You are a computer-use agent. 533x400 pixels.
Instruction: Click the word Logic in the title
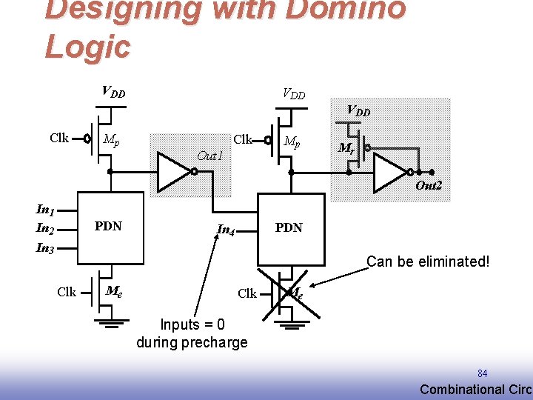[87, 46]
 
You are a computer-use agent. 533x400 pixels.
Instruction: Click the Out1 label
[209, 156]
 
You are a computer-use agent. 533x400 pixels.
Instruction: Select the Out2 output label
[429, 186]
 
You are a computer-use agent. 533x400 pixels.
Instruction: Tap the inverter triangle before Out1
[174, 172]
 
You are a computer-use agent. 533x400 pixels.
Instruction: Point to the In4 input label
[227, 230]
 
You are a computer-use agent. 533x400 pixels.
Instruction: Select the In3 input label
[45, 248]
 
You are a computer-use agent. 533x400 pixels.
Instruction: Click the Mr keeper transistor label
[346, 148]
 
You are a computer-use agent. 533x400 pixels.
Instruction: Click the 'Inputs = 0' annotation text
[192, 324]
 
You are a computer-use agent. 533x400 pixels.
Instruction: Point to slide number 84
[483, 373]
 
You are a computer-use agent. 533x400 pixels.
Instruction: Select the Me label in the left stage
[114, 291]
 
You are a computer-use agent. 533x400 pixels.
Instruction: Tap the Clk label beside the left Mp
[59, 138]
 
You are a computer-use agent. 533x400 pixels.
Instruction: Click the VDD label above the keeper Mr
[358, 111]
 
